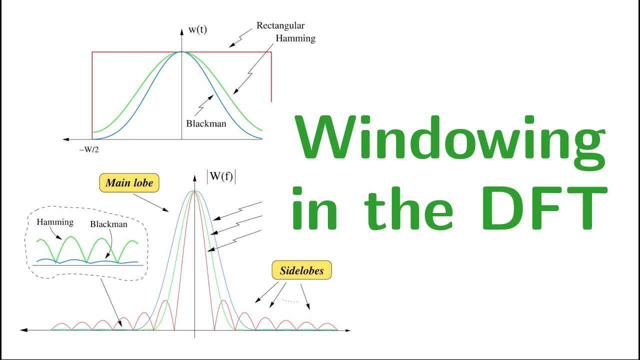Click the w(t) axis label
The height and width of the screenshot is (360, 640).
pos(197,29)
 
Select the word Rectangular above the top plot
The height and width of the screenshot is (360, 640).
pos(280,25)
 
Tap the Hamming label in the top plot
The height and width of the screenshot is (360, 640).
pos(295,38)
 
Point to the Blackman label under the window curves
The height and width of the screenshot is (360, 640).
pos(206,123)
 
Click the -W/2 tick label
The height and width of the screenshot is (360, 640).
pos(92,148)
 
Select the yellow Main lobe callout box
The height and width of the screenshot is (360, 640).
pos(129,183)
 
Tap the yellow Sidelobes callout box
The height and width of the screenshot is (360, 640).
pos(301,271)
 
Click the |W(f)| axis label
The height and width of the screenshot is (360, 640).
pos(220,177)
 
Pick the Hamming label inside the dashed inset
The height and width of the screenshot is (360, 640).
pos(55,222)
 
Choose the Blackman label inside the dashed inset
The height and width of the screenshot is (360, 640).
pos(108,224)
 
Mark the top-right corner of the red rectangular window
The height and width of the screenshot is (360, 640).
pos(271,52)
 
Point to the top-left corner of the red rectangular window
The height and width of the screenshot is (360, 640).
pos(92,52)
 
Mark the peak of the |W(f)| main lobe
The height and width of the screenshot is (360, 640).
pos(195,191)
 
